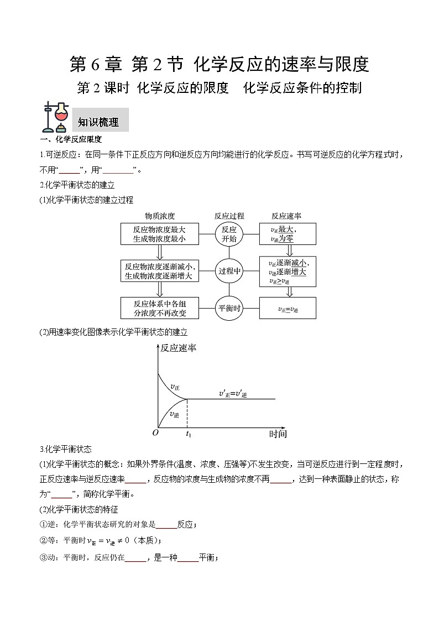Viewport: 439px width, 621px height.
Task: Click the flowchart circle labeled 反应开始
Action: coord(229,234)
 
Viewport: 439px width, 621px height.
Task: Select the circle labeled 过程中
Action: coord(229,271)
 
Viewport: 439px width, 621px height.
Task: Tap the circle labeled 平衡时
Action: coord(229,308)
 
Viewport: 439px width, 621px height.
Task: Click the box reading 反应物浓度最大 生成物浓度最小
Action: coord(159,234)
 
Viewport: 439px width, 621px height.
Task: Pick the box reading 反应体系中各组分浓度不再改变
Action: coord(159,308)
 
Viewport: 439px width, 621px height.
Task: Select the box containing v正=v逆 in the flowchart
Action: coord(288,309)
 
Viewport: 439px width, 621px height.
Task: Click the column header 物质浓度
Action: coord(160,216)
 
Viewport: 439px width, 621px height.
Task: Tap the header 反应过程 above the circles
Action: coord(229,216)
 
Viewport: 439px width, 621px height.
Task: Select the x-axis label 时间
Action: coord(278,434)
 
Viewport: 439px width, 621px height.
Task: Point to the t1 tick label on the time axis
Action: coord(188,434)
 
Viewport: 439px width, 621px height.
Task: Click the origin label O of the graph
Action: coord(155,433)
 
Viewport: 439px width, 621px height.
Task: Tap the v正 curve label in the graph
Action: coord(174,387)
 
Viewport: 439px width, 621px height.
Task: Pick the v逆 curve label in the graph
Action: coord(174,414)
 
